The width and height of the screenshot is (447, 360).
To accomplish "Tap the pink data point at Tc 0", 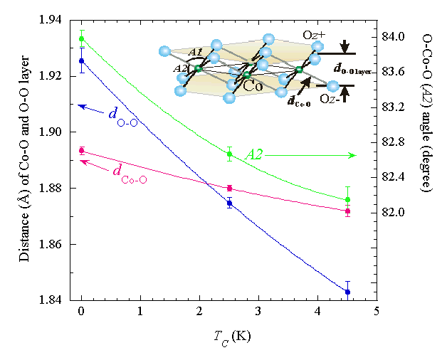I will coord(82,150).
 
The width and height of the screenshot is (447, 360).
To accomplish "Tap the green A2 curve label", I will coord(256,154).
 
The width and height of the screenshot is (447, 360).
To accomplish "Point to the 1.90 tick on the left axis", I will coord(77,132).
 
